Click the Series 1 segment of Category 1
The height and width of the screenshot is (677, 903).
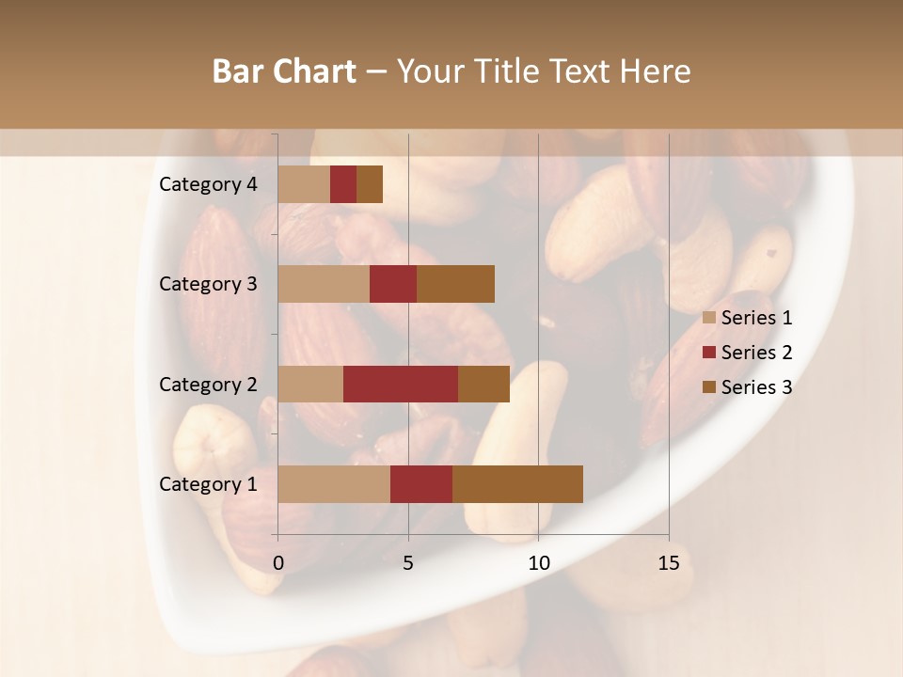click(x=334, y=484)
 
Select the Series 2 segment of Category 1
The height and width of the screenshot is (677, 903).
click(x=421, y=484)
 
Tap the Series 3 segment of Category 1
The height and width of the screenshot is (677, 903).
click(x=517, y=484)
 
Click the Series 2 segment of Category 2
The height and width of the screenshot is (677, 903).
click(x=401, y=384)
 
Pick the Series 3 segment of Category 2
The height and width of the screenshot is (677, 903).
click(x=483, y=384)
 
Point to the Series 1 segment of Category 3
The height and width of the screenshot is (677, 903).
click(x=324, y=284)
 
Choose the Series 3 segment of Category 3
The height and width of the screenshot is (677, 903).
click(x=455, y=284)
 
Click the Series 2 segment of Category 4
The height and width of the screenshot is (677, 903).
click(x=343, y=184)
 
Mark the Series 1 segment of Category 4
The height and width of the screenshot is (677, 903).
click(x=304, y=184)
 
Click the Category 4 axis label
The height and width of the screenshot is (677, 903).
click(x=208, y=184)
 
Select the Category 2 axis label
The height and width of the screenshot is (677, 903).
click(x=208, y=384)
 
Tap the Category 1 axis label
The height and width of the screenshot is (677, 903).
click(x=208, y=484)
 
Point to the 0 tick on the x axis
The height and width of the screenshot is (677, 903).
click(x=278, y=563)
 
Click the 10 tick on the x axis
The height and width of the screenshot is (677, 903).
click(x=538, y=563)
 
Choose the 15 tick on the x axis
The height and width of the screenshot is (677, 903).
click(x=669, y=563)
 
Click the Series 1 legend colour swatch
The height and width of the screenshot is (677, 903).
click(x=709, y=318)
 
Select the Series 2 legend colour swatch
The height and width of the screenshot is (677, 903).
click(x=709, y=353)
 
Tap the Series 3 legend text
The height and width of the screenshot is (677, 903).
click(x=756, y=387)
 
